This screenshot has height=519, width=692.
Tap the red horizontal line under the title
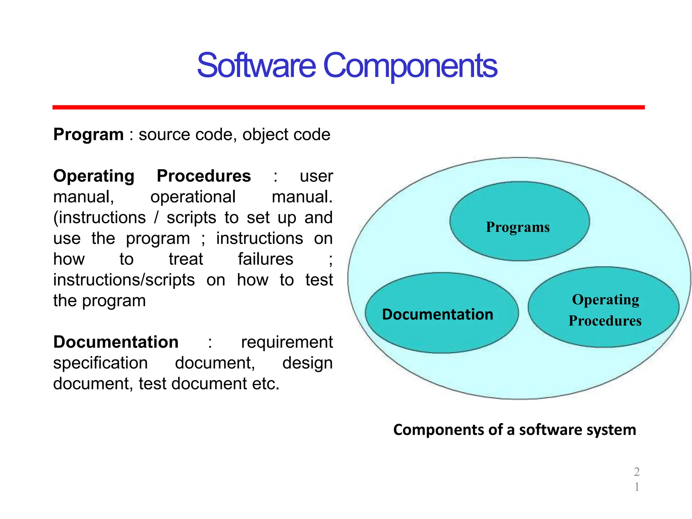coord(348,107)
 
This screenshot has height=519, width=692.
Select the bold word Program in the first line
coord(89,135)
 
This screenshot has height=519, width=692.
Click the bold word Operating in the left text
coord(94,176)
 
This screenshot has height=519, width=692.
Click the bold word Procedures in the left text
coord(204,176)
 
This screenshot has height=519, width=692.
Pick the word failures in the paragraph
coord(265,259)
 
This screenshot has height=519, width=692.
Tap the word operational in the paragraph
coord(193,197)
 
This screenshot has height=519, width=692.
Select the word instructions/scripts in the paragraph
coord(124,280)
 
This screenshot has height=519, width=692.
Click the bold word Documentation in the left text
coord(116,342)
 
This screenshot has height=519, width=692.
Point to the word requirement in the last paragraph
coord(287,343)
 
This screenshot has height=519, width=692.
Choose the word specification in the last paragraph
coord(100,364)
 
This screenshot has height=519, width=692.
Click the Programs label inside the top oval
coord(518,227)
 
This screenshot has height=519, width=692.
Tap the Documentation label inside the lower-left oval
coord(438,315)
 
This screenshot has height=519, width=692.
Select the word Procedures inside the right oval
coord(605,321)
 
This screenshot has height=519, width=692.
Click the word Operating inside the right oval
coord(605,300)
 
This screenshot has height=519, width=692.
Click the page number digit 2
coord(637,472)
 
